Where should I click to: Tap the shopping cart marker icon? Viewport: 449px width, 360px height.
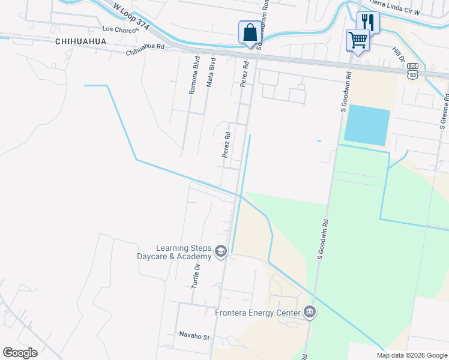358,40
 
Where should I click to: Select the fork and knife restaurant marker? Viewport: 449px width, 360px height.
368,23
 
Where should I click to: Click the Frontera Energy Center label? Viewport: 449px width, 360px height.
259,312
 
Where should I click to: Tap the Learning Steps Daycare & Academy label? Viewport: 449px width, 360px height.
184,252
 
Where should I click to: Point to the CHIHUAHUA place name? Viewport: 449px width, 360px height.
80,41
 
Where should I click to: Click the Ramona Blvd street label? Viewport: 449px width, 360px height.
194,76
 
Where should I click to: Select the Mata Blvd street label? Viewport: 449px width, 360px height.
210,73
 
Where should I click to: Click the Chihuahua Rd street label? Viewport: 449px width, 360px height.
145,52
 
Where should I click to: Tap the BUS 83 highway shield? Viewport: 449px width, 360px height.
412,71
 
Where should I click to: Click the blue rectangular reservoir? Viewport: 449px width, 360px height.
367,125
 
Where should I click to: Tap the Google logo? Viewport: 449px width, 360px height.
20,353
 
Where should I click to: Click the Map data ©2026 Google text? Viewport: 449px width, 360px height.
411,355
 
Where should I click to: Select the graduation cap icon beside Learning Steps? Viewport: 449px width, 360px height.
220,251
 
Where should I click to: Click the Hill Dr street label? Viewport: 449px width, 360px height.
398,55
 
